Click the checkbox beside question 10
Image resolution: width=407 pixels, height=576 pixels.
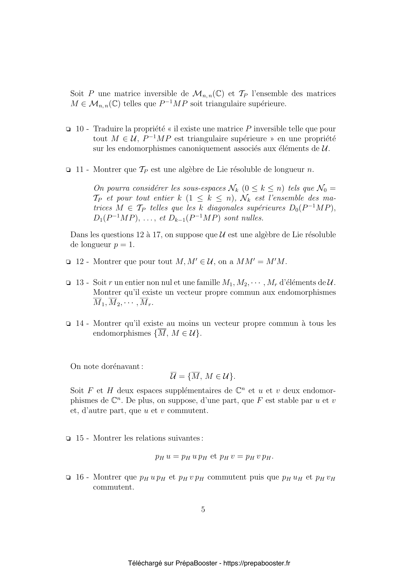click(68, 130)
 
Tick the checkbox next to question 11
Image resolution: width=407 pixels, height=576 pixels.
click(68, 170)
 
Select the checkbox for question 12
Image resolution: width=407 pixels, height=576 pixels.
click(68, 262)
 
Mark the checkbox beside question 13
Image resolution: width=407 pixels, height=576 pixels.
click(68, 283)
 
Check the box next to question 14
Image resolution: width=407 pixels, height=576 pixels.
click(68, 324)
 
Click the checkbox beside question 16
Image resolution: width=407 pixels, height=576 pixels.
click(68, 477)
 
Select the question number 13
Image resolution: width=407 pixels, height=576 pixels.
click(80, 283)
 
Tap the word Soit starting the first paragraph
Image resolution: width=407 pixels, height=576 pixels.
click(77, 94)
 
